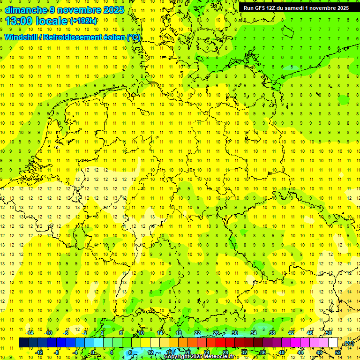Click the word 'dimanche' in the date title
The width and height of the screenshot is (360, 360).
(25, 10)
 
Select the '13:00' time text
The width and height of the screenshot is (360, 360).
(19, 21)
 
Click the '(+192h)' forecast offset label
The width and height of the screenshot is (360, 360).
(83, 21)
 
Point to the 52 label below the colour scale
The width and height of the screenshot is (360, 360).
(338, 352)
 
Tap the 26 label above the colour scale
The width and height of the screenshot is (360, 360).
(216, 333)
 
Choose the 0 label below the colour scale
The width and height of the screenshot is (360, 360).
(93, 352)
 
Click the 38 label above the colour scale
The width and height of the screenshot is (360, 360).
(272, 333)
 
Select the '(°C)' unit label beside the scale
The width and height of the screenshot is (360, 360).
(349, 344)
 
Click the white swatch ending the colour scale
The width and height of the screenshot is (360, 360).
(333, 343)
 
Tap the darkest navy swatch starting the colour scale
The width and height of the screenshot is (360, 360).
(23, 343)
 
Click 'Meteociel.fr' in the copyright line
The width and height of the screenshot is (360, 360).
(219, 357)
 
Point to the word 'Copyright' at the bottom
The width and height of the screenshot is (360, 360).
(178, 357)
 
